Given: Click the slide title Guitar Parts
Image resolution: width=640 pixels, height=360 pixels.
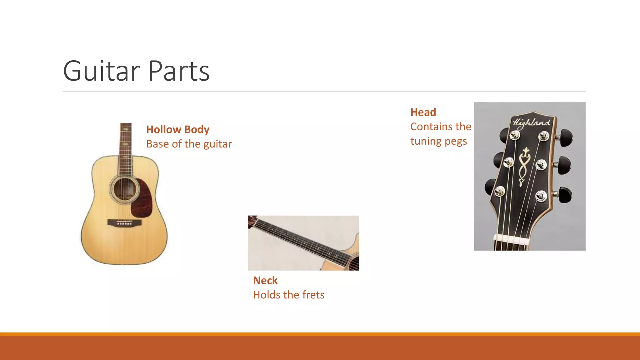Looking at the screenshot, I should click(x=136, y=71).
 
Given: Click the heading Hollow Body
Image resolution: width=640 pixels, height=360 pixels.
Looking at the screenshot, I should click(x=177, y=129).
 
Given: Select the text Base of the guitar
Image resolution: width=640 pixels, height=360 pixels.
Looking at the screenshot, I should click(x=189, y=144).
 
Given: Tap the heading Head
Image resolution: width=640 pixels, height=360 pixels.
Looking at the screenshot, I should click(x=423, y=112).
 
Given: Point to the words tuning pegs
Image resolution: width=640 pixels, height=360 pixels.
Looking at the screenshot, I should click(x=438, y=141).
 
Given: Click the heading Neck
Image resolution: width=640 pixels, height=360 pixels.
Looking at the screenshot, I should click(x=265, y=280).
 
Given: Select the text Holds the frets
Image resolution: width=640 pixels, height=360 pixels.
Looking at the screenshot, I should click(x=288, y=295).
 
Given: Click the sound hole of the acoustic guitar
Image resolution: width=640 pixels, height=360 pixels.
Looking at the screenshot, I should click(x=125, y=189).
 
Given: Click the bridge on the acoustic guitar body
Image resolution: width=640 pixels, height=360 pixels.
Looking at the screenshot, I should click(x=124, y=222).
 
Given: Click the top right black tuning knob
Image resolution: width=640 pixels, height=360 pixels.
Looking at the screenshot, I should click(x=566, y=137).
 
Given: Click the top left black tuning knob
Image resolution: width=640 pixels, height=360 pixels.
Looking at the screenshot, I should click(x=504, y=135).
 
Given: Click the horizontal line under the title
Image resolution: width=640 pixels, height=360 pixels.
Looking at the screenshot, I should click(x=324, y=91).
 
